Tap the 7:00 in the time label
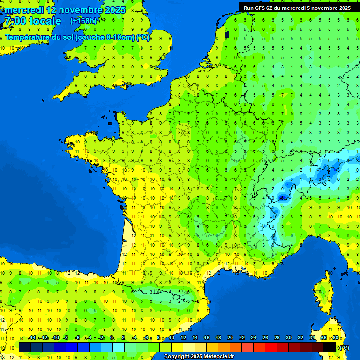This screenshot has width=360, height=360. [x=15, y=21]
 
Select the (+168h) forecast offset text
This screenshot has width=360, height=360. [x=83, y=21]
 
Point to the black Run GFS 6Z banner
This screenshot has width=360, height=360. [x=297, y=7]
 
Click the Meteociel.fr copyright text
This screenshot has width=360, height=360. [x=199, y=357]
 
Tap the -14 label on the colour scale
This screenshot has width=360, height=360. [x=32, y=338]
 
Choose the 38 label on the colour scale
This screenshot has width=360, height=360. [x=335, y=338]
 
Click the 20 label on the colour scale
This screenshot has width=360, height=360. [x=230, y=338]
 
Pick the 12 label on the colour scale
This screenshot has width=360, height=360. [x=183, y=338]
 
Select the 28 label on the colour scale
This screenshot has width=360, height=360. [x=277, y=338]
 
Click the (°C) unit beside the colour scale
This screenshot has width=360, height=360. [x=345, y=348]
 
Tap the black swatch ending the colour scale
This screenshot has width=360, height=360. [x=330, y=347]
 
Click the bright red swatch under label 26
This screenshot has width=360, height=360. [x=271, y=347]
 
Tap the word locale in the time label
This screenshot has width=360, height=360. [x=45, y=21]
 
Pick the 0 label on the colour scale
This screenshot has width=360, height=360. [x=112, y=338]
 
